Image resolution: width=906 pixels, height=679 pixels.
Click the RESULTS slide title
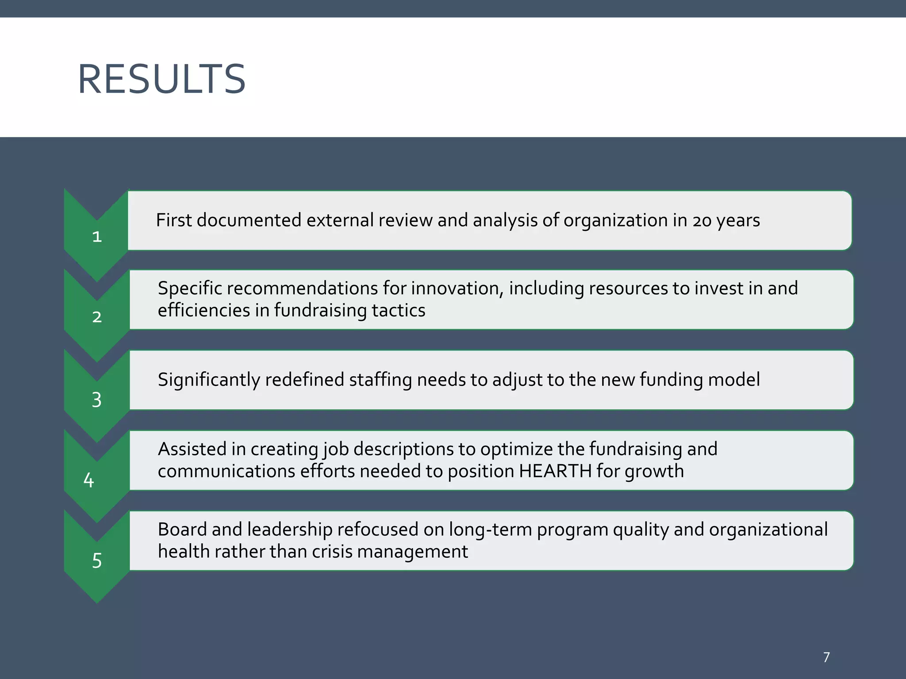pos(161,80)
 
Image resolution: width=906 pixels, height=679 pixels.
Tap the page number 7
pos(826,657)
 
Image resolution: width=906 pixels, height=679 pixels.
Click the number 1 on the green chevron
pos(97,237)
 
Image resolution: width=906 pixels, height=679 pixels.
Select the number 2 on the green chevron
pos(97,317)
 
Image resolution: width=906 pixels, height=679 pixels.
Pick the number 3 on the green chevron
pos(97,400)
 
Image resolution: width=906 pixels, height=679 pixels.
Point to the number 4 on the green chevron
pos(88,480)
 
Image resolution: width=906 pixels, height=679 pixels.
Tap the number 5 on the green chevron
pos(97,561)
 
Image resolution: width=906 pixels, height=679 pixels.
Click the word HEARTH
pos(555,471)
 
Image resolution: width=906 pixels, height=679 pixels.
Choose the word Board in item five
pos(182,530)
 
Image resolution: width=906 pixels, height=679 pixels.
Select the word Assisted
pos(192,449)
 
